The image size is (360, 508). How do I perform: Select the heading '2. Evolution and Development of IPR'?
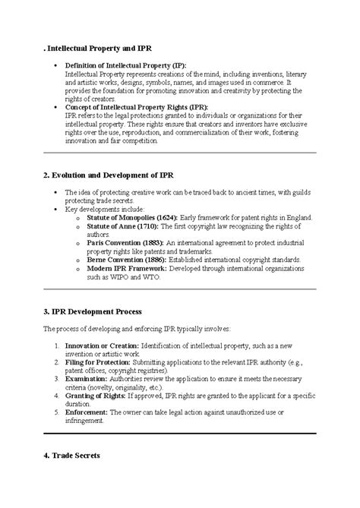point(111,175)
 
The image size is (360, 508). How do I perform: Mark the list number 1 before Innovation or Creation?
point(57,345)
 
